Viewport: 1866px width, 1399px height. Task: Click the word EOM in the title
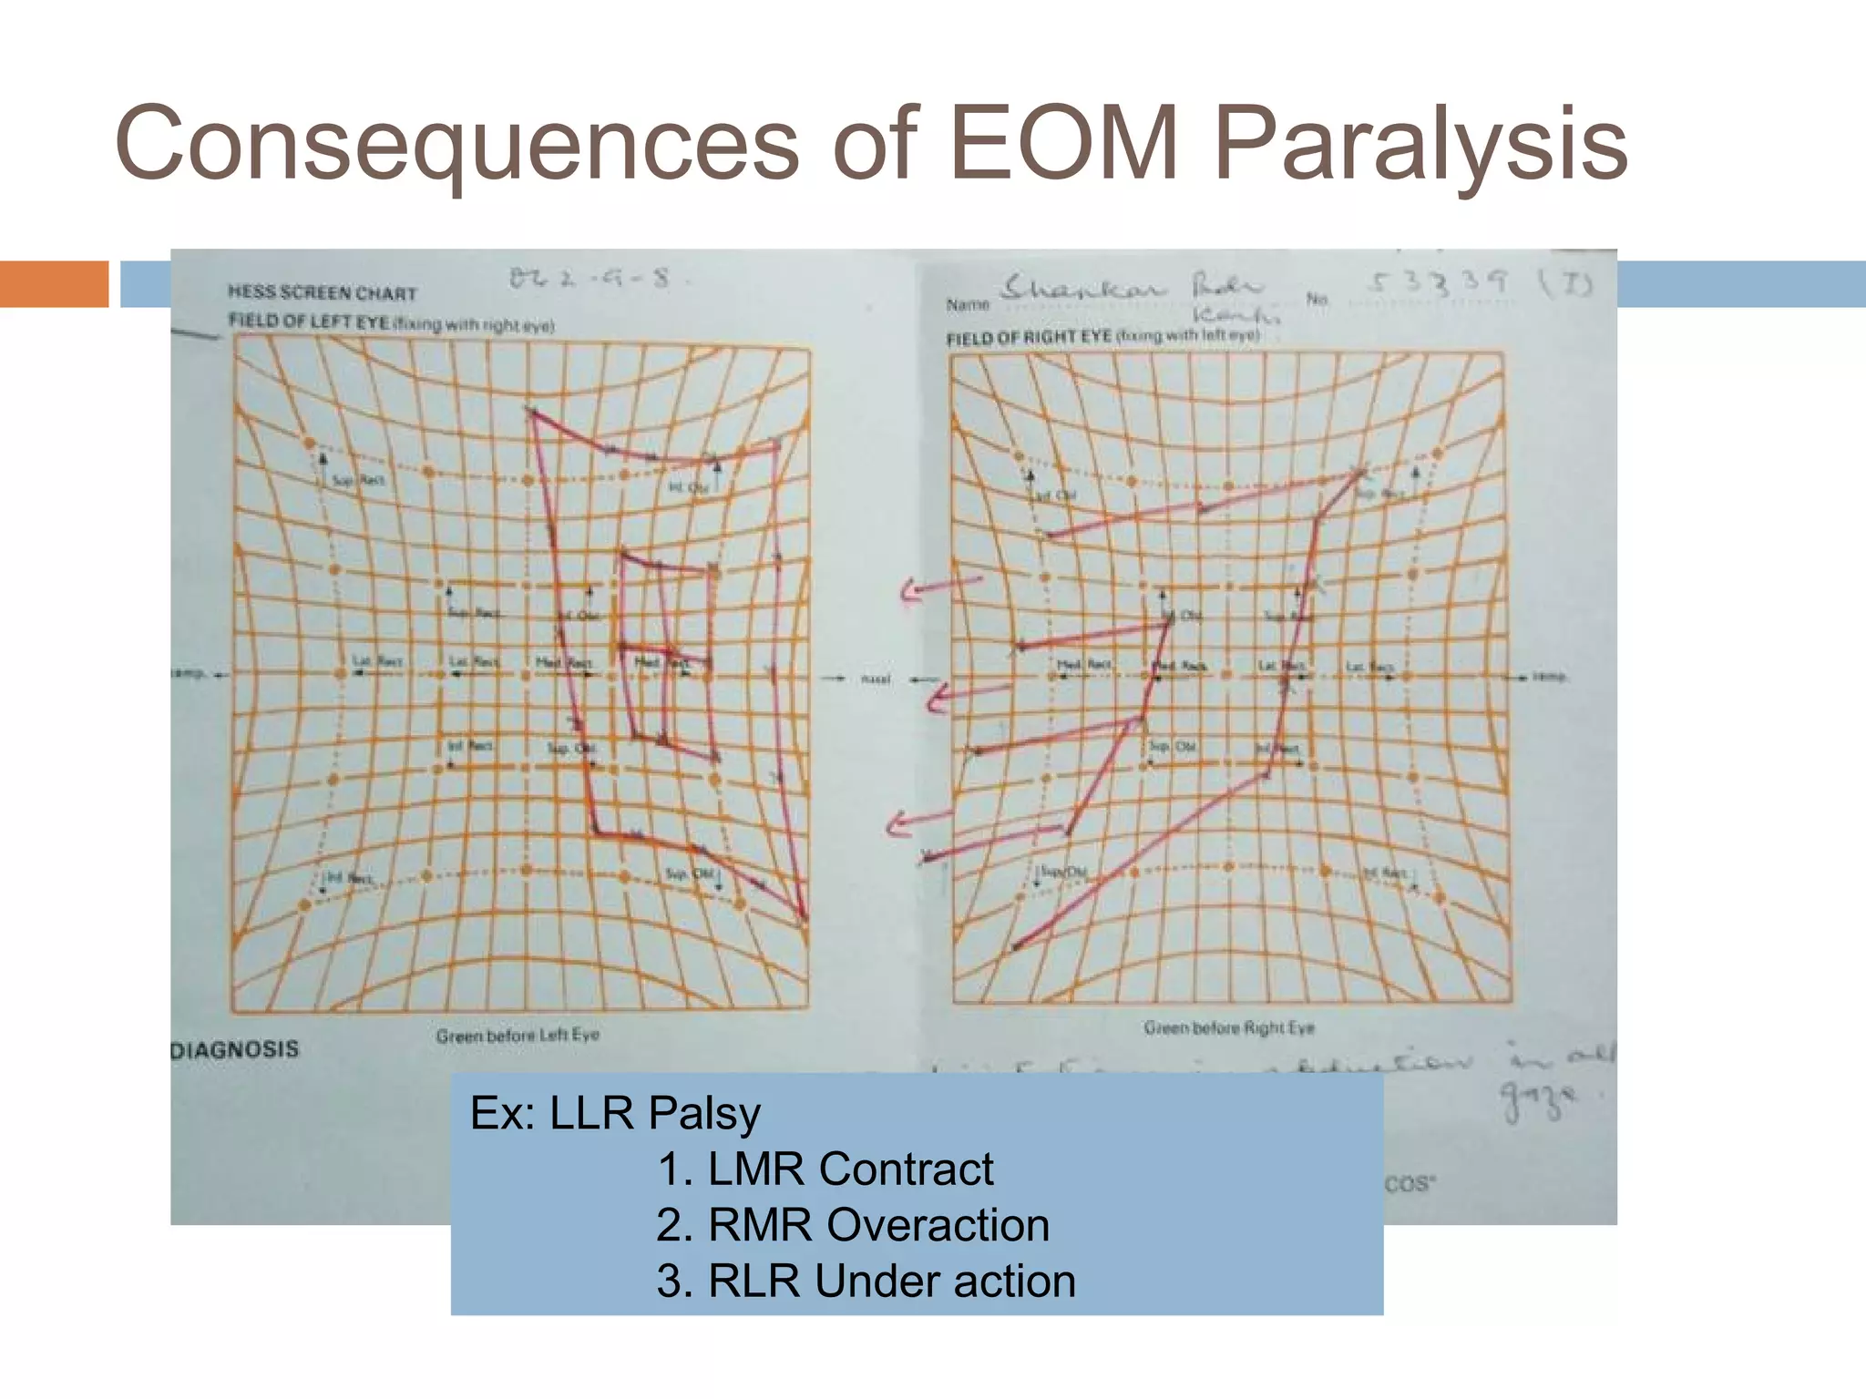point(1064,144)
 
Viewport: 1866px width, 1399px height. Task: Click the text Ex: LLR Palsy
point(615,1113)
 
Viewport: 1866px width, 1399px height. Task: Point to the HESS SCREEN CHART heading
point(322,292)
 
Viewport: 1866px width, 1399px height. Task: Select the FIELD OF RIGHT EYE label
point(1029,338)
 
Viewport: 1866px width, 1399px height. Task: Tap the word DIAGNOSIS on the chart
point(234,1049)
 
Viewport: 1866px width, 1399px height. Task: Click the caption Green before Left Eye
point(517,1036)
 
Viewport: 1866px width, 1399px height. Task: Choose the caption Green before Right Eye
point(1229,1028)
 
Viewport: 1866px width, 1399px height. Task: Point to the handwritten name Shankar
point(1082,289)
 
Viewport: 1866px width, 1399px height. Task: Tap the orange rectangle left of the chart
point(54,283)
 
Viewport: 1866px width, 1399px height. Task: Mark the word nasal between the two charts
point(876,679)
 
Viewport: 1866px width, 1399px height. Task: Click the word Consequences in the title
point(456,144)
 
